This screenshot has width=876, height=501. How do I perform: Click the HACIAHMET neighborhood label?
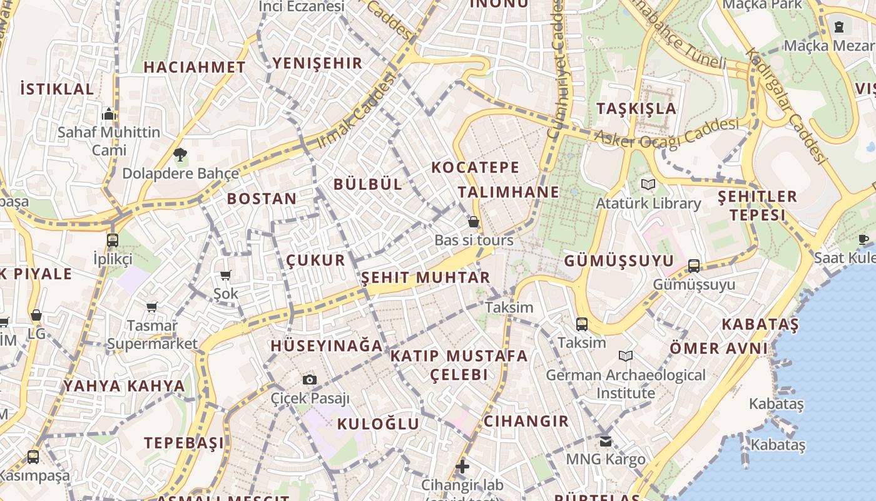point(195,67)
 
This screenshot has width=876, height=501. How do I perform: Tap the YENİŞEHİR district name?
point(317,63)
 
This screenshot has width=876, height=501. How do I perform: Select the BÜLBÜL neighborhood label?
point(368,183)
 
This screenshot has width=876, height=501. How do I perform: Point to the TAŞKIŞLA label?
point(636,108)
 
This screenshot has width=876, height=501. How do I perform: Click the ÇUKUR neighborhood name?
point(315,260)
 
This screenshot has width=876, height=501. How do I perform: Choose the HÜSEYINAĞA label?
point(326,345)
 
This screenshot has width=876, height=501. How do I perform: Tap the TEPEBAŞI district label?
point(184,443)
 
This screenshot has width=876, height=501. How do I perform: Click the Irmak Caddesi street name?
point(357,111)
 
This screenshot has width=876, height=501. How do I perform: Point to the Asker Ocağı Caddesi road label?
point(666,133)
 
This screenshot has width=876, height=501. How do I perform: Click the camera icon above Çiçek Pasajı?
point(309,380)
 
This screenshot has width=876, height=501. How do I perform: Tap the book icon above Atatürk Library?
point(648,184)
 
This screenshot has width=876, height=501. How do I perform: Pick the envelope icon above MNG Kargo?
point(605,442)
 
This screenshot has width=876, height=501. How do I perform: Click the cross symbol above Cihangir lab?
point(462,467)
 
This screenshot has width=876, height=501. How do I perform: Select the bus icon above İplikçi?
point(113,240)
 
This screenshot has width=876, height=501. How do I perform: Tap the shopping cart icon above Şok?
point(226,275)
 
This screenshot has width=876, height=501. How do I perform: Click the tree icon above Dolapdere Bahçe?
point(180,155)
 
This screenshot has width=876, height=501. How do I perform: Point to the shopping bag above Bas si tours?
point(474,222)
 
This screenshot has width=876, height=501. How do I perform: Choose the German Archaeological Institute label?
point(626,384)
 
